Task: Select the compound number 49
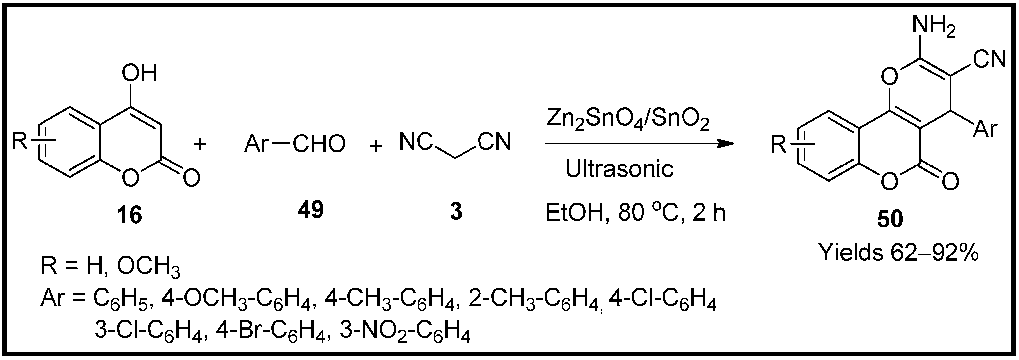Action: point(310,210)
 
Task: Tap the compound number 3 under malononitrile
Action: point(456,212)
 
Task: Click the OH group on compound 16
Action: point(139,73)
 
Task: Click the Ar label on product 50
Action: point(985,129)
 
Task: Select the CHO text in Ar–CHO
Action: point(319,144)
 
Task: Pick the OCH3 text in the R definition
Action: point(148,268)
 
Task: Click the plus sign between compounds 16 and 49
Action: point(200,144)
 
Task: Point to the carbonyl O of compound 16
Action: point(191,178)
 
